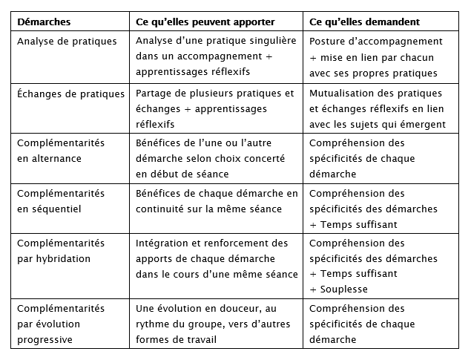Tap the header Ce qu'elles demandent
pos(364,22)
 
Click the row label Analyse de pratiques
pos(67,42)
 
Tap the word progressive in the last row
pos(44,340)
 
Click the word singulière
pos(269,42)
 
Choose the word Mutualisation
pos(340,94)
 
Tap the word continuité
pos(162,209)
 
